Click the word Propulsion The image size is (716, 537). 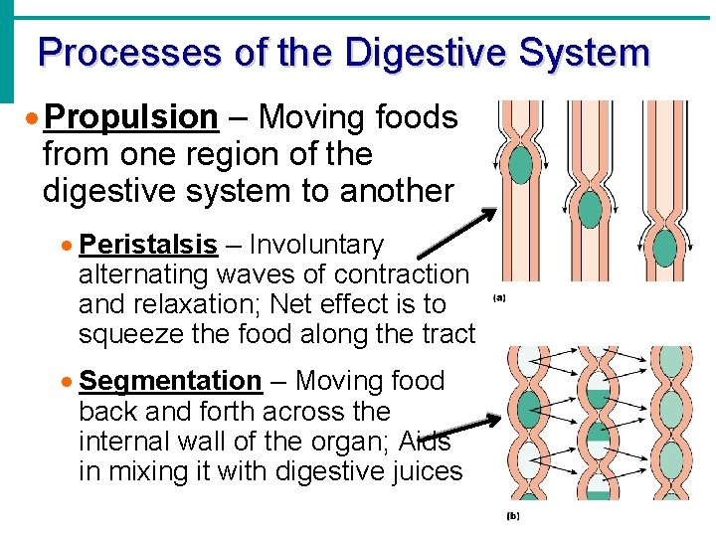click(x=131, y=117)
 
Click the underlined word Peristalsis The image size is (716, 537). click(x=147, y=245)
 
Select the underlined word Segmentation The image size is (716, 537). click(x=170, y=381)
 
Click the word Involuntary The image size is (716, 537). click(x=316, y=245)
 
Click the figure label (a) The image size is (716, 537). click(x=498, y=297)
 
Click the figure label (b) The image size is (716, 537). click(x=513, y=516)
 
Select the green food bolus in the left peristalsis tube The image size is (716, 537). click(x=520, y=164)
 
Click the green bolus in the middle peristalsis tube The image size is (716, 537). click(x=590, y=209)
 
